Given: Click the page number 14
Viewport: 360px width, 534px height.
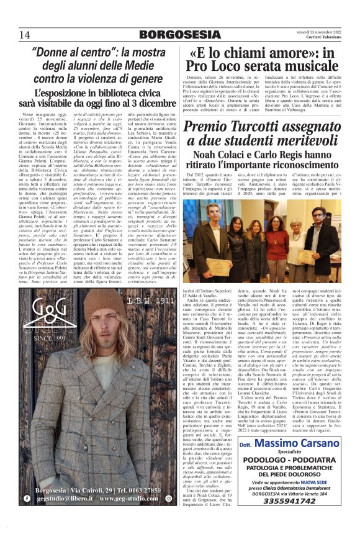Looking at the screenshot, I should pyautogui.click(x=25, y=34).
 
